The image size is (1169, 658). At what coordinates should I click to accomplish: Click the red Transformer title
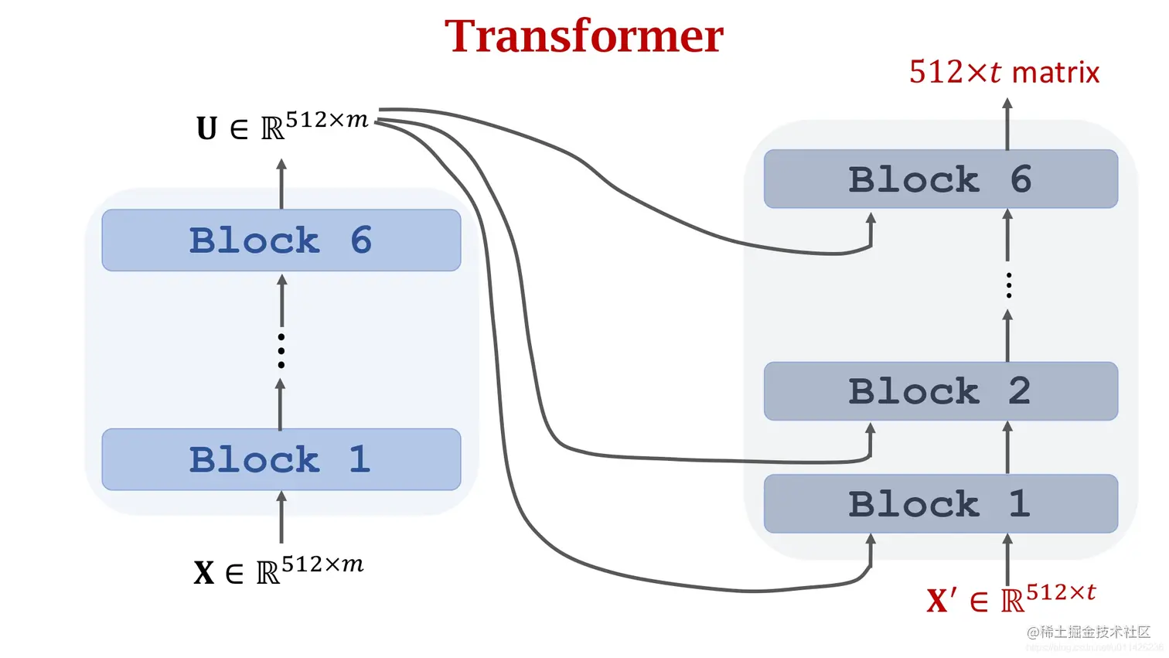(x=584, y=36)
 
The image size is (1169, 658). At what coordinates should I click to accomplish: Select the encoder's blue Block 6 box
(x=281, y=240)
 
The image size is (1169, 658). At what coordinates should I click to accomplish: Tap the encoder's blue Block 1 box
(x=281, y=459)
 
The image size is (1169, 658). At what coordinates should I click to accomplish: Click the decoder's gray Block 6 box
(x=940, y=179)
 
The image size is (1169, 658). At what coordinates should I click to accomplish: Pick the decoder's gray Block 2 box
(x=940, y=391)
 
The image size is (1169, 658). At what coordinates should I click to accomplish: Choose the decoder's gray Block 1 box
(x=940, y=504)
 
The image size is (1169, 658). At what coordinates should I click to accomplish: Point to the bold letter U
(x=206, y=128)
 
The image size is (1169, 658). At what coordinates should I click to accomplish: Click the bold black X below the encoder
(x=203, y=573)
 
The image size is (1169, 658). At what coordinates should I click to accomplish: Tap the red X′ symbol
(x=941, y=601)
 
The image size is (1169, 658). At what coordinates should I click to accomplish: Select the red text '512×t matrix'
(x=1004, y=73)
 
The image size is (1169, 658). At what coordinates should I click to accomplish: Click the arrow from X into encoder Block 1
(x=281, y=518)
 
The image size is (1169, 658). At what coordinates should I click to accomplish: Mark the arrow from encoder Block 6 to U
(x=281, y=184)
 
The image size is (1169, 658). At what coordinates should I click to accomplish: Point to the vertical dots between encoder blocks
(x=281, y=350)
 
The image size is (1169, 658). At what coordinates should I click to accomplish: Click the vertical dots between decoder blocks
(x=1008, y=285)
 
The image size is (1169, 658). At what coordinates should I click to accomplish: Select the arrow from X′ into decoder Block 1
(x=1007, y=559)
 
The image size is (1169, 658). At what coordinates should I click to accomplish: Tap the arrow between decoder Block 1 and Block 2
(x=1007, y=448)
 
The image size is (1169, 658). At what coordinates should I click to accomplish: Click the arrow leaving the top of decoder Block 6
(x=1007, y=124)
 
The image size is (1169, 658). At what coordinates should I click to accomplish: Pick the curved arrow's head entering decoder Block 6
(x=871, y=220)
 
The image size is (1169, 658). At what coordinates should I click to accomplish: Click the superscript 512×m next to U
(x=326, y=121)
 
